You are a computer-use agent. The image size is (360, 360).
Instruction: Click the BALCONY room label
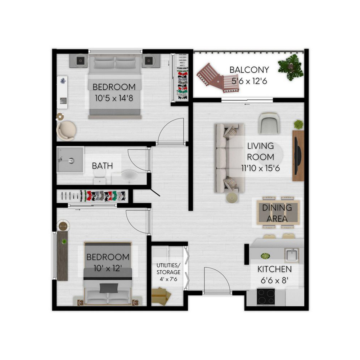coord(249,70)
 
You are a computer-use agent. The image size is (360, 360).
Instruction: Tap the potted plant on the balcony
coord(291,67)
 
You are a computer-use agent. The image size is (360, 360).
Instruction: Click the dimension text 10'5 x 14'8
coord(114,98)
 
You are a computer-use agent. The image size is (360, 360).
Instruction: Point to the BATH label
coord(102,166)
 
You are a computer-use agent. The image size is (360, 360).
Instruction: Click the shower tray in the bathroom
coord(70,159)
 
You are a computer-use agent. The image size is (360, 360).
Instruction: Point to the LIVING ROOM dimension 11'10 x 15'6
coord(260,168)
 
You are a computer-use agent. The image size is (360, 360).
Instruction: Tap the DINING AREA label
coord(277,213)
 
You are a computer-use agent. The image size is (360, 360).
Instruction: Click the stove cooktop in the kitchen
coord(266,297)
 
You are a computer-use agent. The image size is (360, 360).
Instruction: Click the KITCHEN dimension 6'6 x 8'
coord(274,280)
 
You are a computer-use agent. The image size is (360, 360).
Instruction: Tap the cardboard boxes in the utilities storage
coord(161,296)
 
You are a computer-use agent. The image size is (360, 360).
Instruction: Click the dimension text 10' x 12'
coord(108,268)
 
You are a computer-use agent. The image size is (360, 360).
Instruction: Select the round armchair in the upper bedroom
coord(66,131)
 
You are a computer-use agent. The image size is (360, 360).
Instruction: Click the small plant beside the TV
coord(298,125)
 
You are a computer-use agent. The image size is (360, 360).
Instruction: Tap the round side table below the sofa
coord(232,197)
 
